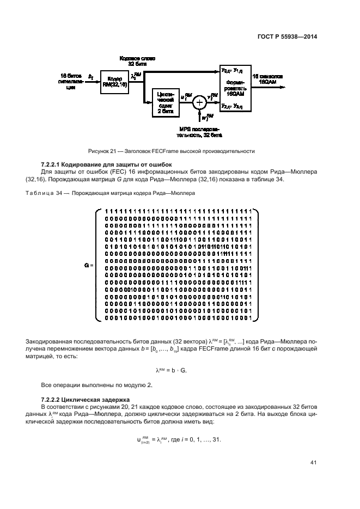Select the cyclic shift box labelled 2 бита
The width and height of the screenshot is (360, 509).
(166, 101)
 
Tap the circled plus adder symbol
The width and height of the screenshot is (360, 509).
(199, 102)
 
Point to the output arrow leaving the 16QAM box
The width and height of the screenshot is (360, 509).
(272, 86)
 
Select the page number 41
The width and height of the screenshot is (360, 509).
(313, 463)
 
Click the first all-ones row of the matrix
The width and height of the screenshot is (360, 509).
(177, 211)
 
